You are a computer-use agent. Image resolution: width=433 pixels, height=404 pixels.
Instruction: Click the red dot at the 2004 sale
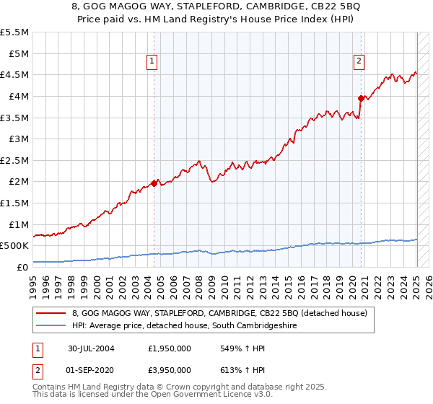(x=154, y=183)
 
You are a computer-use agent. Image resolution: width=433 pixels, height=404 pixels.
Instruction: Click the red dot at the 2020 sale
(x=360, y=97)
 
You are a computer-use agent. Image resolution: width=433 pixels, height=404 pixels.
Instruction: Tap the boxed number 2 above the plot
(x=359, y=62)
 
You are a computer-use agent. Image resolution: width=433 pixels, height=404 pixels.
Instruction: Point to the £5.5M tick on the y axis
(x=14, y=32)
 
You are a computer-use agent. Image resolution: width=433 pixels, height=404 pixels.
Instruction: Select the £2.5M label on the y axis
(x=14, y=160)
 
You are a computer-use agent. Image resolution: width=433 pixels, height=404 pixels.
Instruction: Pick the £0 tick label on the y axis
(x=23, y=267)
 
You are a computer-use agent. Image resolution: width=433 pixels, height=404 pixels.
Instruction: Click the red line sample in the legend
(x=51, y=314)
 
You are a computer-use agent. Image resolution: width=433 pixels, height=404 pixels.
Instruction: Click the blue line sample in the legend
(x=51, y=326)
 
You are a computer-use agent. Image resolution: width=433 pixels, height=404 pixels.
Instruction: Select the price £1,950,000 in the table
(x=170, y=348)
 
